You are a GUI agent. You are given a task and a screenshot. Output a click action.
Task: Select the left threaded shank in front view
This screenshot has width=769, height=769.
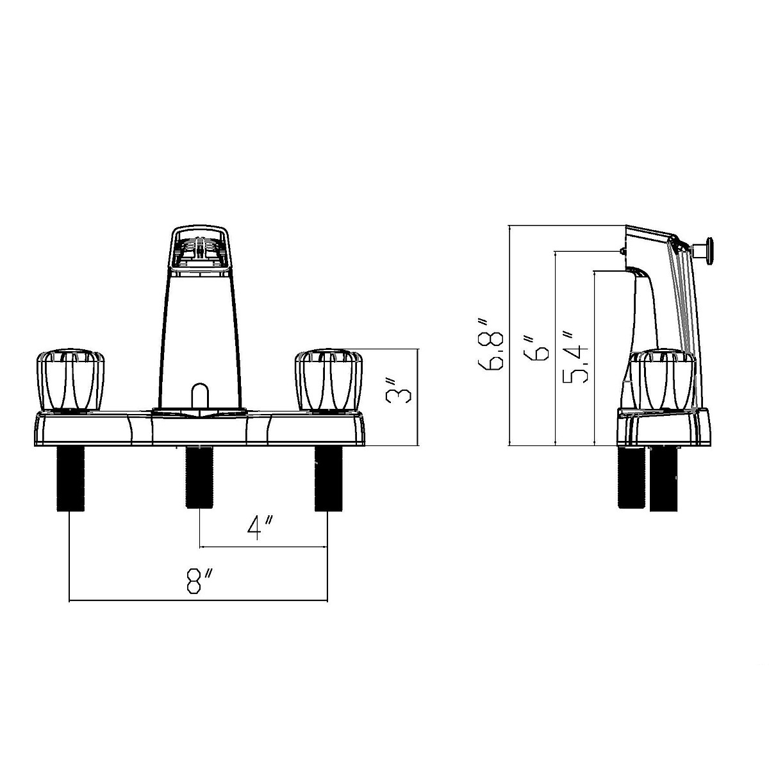click(x=70, y=479)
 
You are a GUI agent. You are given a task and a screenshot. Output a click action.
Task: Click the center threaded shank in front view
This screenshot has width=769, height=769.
click(x=199, y=477)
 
